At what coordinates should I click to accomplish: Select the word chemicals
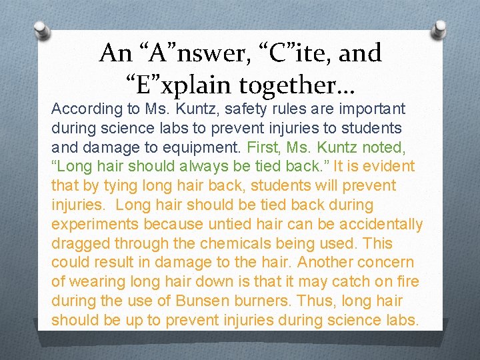pyautogui.click(x=225, y=243)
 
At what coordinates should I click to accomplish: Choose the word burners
pyautogui.click(x=261, y=301)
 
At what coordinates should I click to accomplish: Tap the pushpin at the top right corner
pyautogui.click(x=440, y=27)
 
